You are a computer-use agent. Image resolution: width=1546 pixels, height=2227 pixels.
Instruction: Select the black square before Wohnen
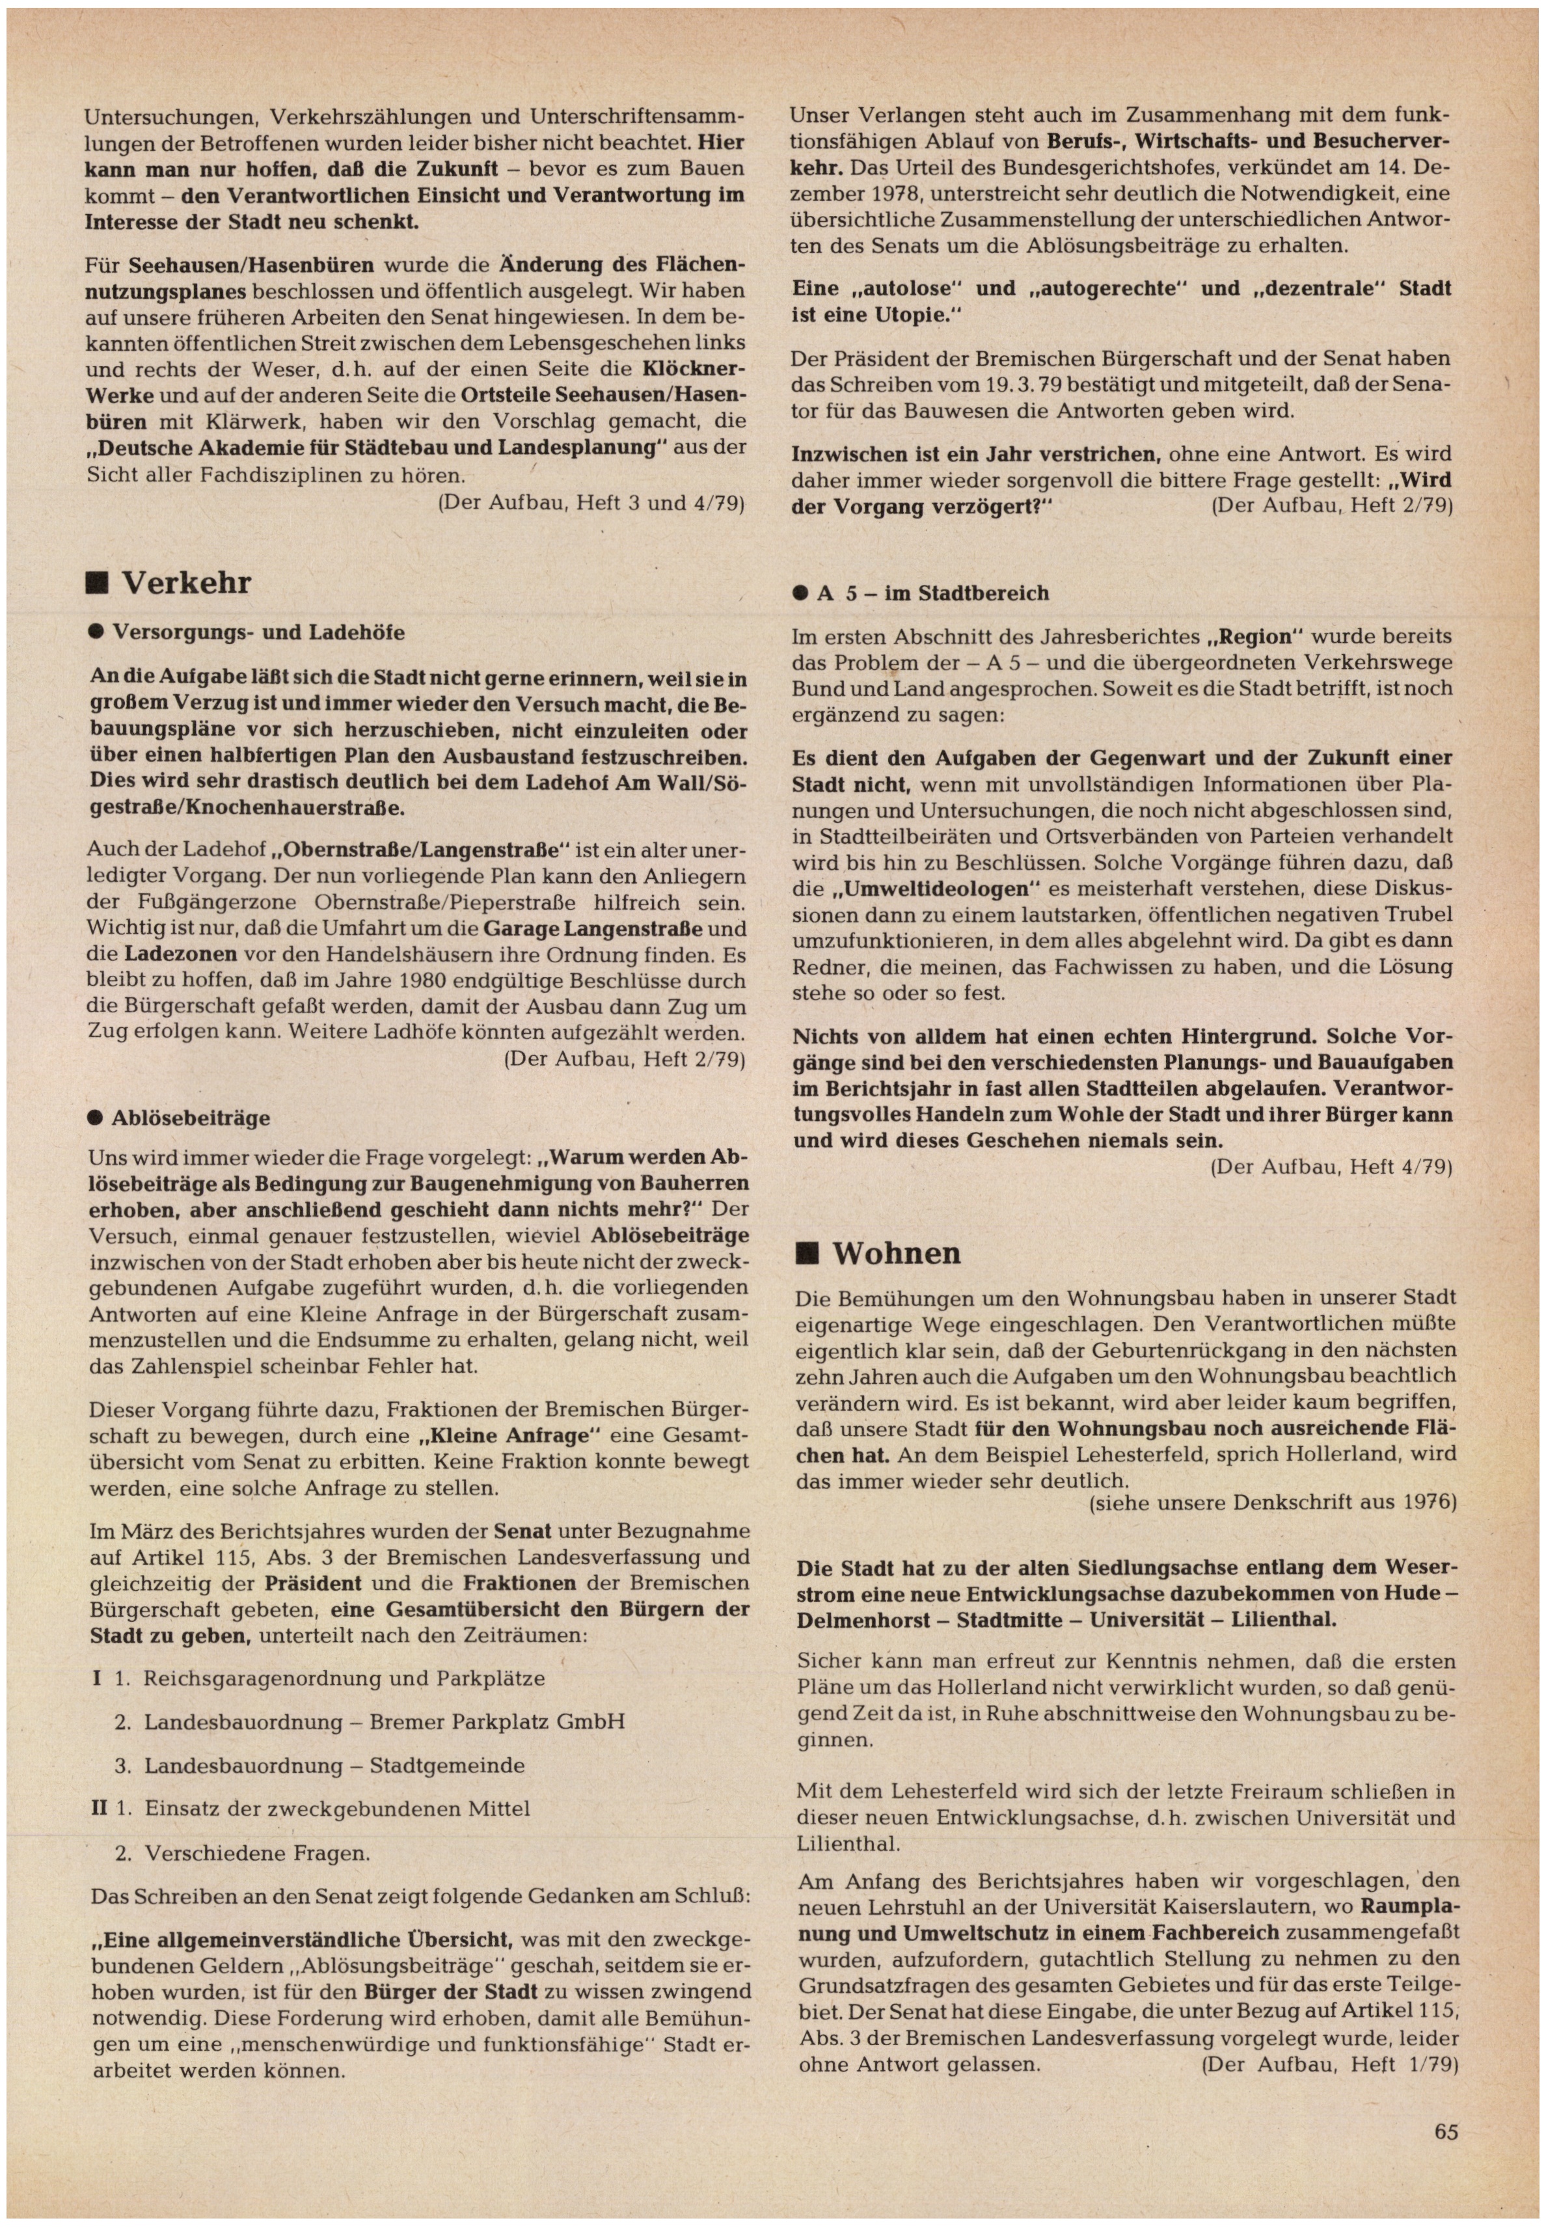(x=806, y=1254)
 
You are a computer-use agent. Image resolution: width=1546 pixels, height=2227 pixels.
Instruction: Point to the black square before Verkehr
(x=97, y=583)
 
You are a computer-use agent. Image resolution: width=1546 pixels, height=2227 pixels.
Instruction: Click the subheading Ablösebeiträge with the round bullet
(x=190, y=1117)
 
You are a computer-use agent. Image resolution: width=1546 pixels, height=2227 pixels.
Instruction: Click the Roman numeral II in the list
(x=99, y=1808)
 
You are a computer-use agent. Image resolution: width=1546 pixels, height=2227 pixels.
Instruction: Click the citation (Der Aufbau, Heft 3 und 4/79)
(x=591, y=502)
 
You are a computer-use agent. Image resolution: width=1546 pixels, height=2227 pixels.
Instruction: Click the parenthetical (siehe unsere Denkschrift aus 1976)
(x=1272, y=1503)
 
